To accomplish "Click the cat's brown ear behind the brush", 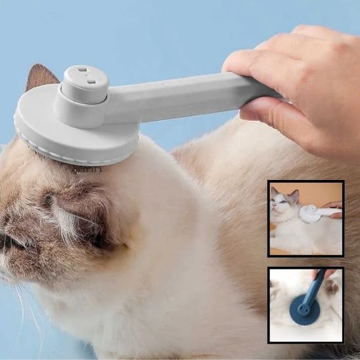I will click(x=41, y=79).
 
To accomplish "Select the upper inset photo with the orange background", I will click(x=305, y=218).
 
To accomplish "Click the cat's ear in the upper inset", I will click(x=294, y=195).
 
